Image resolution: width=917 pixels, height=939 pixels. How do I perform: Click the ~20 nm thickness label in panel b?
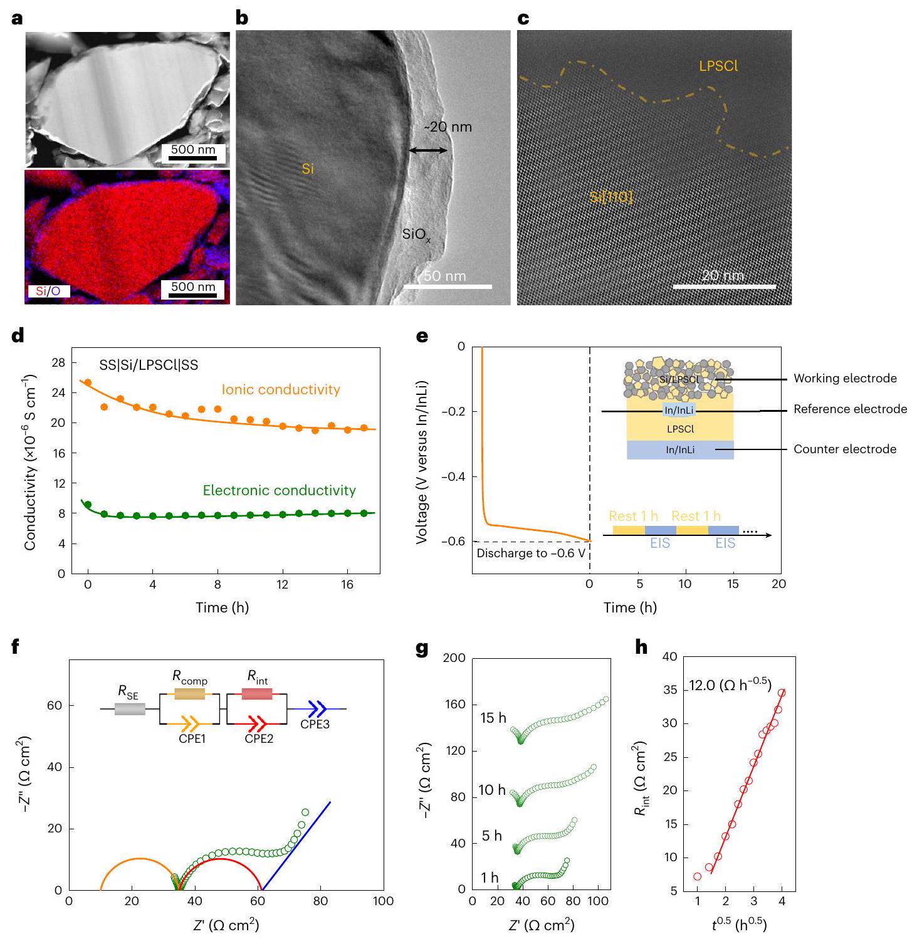pos(448,127)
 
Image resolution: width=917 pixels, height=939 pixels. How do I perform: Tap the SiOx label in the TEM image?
pos(416,235)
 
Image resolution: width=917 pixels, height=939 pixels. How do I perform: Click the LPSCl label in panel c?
pos(718,66)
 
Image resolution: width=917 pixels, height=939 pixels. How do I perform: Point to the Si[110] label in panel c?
pos(611,197)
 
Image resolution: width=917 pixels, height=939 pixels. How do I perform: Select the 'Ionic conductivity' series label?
pos(281,390)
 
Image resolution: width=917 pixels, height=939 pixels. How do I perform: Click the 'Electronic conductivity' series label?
pos(280,491)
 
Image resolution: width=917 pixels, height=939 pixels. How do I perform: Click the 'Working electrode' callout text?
pos(845,379)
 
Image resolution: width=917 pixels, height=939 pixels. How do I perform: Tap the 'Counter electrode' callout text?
pos(845,449)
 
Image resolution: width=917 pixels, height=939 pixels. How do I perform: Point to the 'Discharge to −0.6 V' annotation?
pos(530,553)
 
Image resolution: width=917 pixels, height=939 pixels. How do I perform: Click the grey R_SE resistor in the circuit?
pos(130,709)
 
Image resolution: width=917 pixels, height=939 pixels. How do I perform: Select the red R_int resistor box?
pos(256,694)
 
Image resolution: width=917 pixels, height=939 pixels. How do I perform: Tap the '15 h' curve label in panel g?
pos(493,718)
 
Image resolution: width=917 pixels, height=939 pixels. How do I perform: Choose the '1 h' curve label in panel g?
pos(490,878)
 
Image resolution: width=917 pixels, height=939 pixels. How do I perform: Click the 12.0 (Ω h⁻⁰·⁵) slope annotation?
pos(731,685)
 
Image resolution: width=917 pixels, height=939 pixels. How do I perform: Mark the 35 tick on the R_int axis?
pos(671,690)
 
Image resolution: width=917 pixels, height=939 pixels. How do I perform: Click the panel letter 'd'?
pos(19,336)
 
